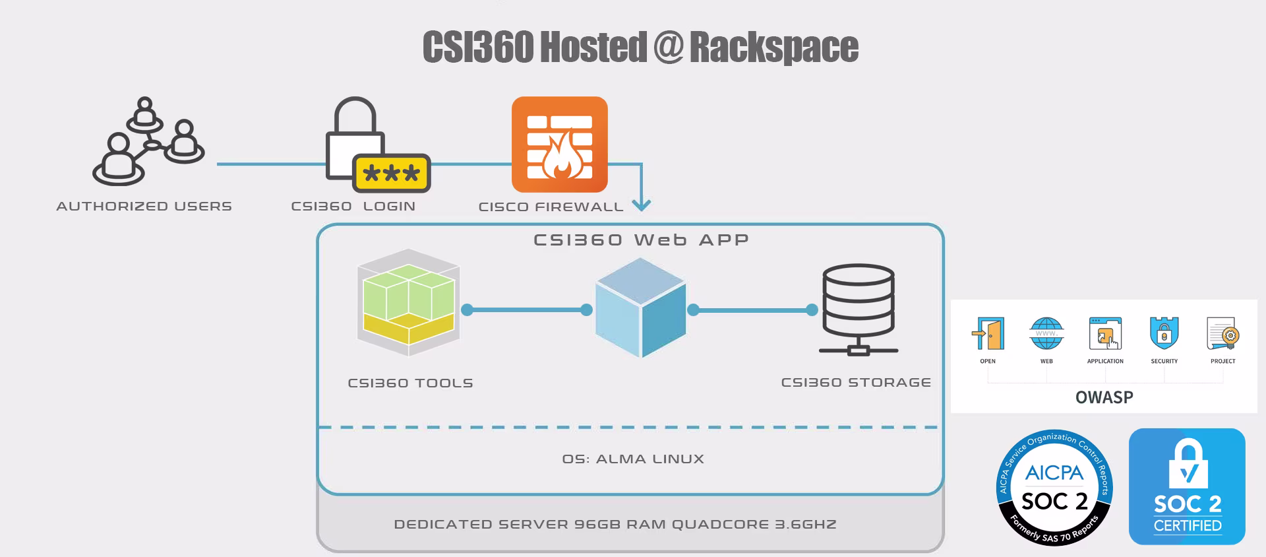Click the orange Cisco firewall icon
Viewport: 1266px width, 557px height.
pos(559,145)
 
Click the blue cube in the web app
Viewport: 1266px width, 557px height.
pos(640,308)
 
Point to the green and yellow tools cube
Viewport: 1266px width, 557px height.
pos(408,302)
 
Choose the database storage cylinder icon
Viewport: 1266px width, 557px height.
pos(858,309)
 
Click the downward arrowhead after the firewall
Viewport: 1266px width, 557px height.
pos(641,205)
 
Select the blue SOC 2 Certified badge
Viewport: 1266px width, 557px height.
pos(1187,486)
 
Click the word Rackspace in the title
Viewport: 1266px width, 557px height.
pos(773,47)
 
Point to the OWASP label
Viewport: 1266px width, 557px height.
pos(1104,397)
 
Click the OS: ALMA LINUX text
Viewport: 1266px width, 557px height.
pos(633,459)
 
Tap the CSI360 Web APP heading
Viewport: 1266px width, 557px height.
pos(641,240)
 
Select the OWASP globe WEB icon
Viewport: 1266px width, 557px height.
pos(1046,333)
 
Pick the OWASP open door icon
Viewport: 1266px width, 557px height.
pos(988,333)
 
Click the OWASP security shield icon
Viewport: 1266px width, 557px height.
pos(1164,333)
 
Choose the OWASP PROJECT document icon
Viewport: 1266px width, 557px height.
pos(1222,333)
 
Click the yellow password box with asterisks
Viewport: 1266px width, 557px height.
pos(392,173)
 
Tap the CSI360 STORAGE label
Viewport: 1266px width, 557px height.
pos(856,382)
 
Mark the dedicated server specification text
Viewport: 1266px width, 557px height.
pos(615,524)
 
